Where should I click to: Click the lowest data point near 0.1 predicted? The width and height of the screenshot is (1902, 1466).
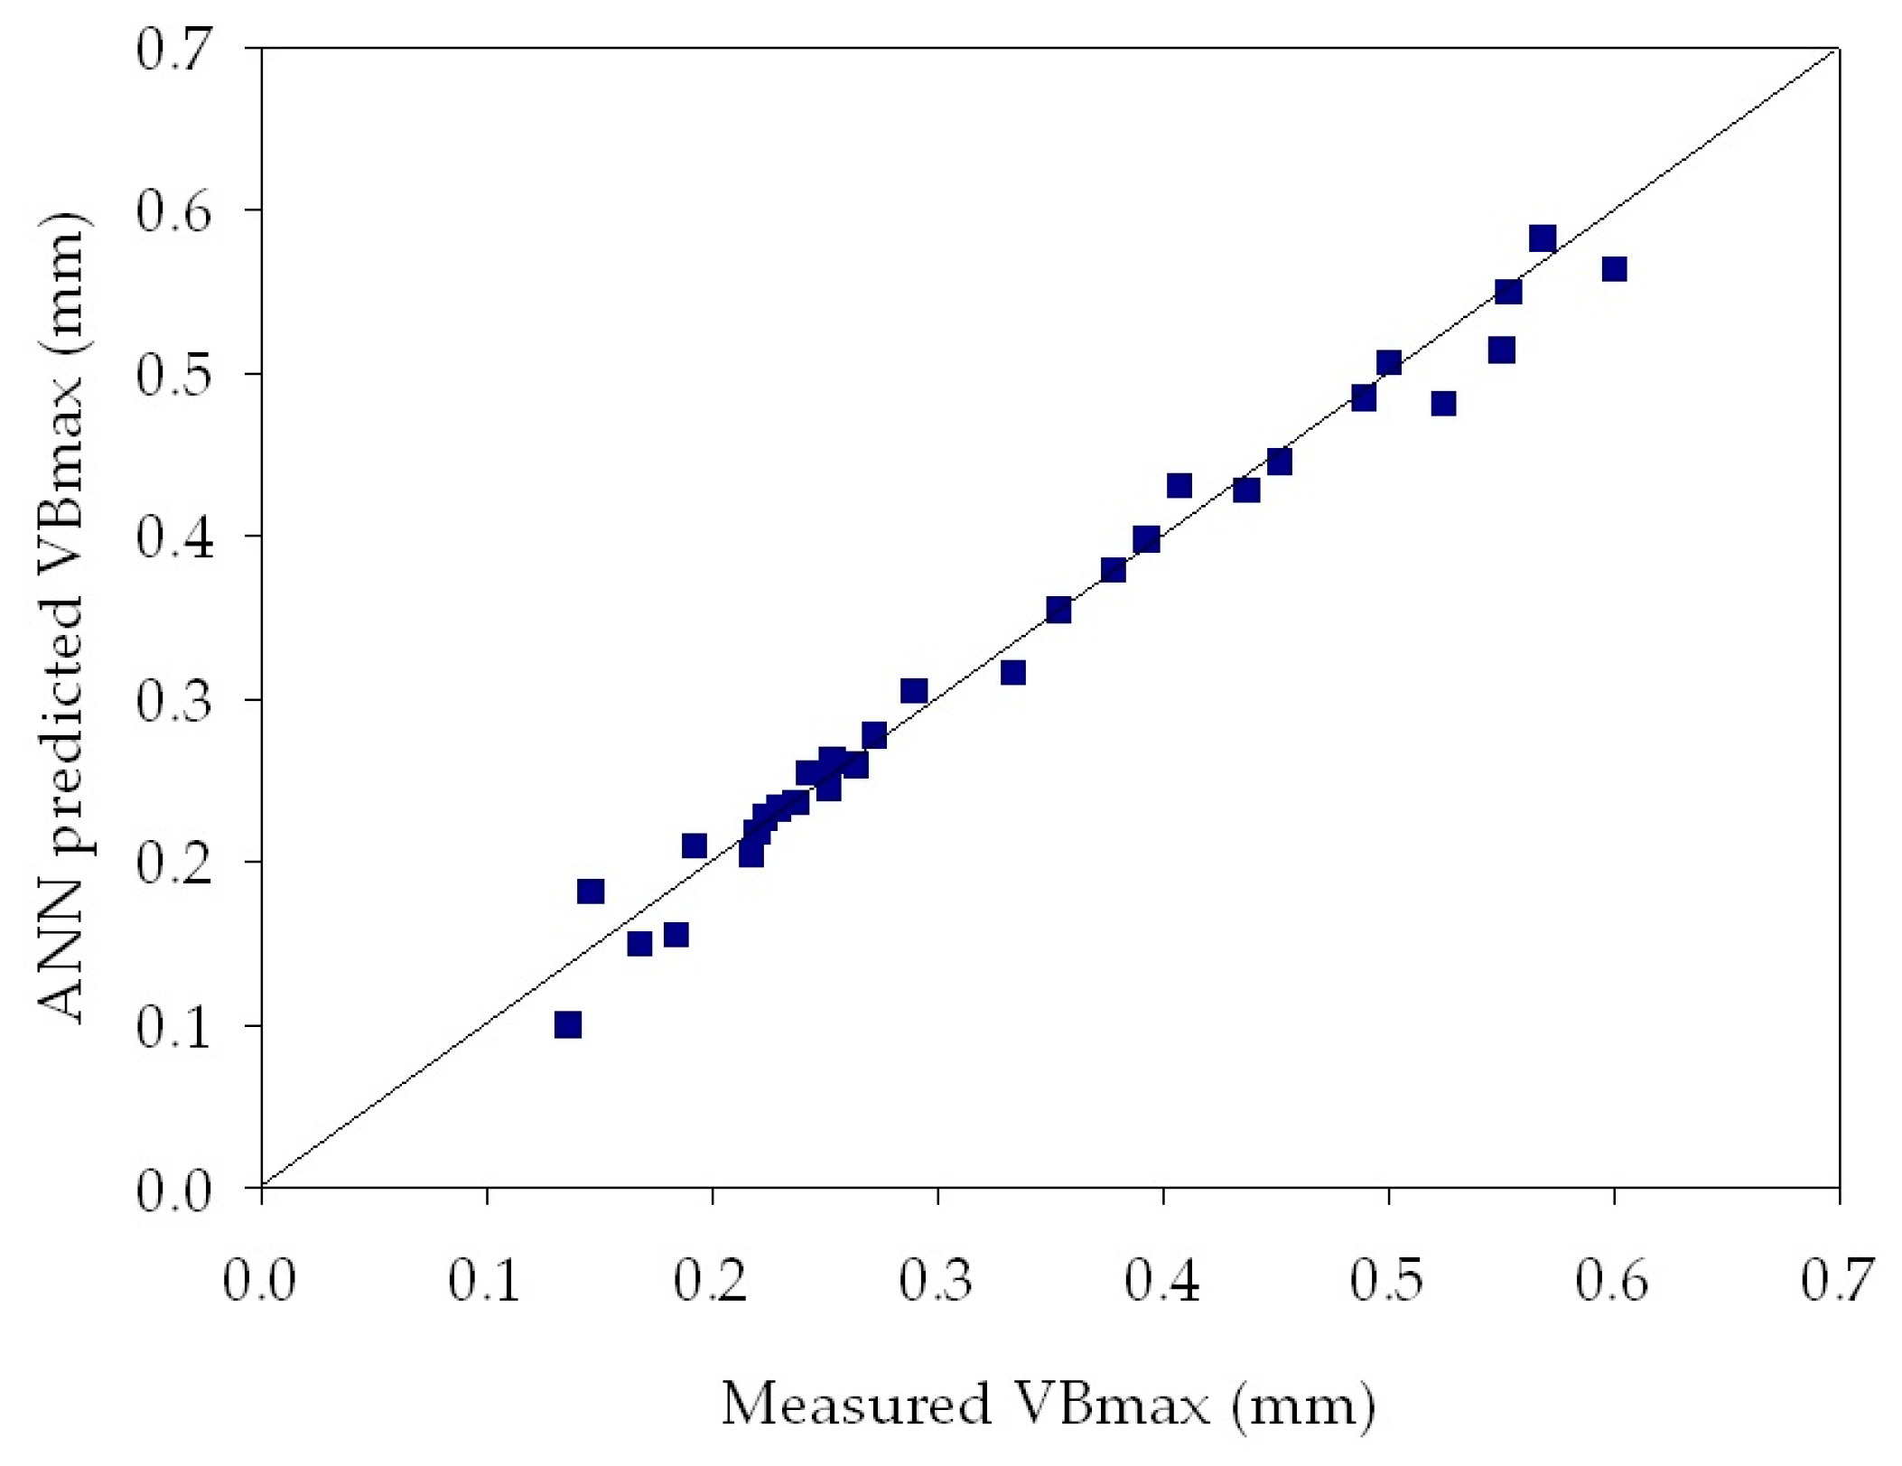(567, 1024)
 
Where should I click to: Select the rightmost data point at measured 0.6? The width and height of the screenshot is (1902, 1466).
(1614, 268)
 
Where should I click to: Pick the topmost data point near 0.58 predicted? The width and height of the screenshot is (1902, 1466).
(1543, 238)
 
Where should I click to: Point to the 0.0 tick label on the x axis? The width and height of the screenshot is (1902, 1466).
(260, 1280)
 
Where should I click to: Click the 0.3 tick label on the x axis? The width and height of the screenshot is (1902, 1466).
(937, 1280)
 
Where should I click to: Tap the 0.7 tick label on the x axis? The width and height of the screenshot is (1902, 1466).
(1838, 1280)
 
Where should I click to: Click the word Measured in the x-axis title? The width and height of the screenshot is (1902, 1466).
(855, 1405)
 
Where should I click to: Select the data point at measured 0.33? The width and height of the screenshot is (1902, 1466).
(1012, 672)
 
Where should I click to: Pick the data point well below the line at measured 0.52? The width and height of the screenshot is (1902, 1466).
(1443, 403)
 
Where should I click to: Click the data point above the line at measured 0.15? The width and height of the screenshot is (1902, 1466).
(590, 891)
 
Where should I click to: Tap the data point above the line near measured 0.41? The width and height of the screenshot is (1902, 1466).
(1179, 485)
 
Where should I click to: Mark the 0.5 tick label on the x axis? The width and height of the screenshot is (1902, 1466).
(1387, 1280)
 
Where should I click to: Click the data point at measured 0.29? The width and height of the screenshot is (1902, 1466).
(914, 690)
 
